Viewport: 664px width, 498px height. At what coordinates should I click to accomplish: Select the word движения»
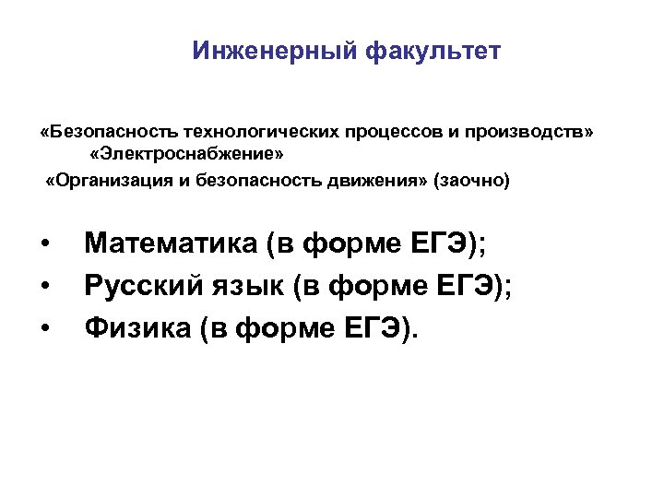point(365,179)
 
